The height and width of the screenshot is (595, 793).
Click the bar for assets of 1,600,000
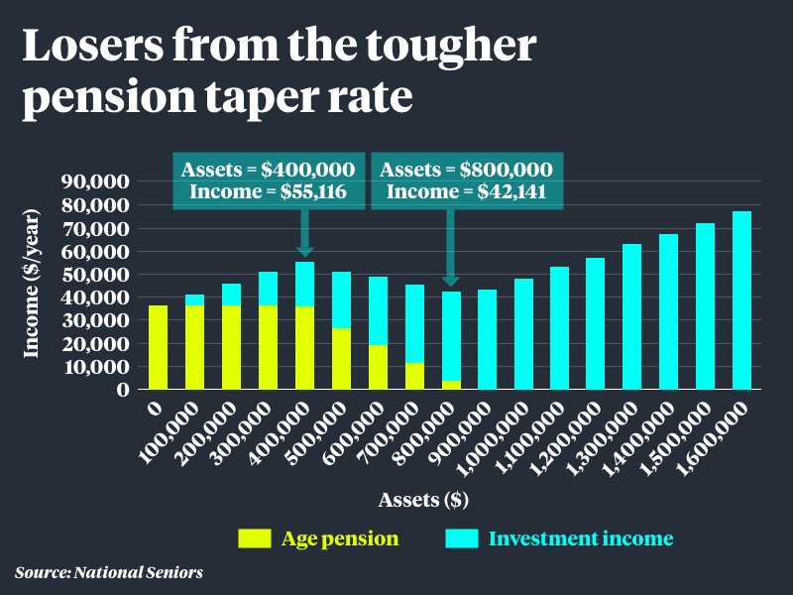coord(741,300)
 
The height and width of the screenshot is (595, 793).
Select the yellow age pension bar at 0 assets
coord(158,347)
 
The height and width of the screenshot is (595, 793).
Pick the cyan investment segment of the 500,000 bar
coord(341,300)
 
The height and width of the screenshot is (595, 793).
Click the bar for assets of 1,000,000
coord(523,334)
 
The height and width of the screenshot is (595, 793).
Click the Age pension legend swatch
coord(254,538)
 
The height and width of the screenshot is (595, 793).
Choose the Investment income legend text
coord(581,538)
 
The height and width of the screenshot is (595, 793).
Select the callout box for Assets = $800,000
coord(467,180)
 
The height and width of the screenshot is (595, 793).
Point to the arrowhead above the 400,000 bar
coord(305,251)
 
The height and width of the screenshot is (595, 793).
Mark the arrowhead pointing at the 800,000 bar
coord(451,281)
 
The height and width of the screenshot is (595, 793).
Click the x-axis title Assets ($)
coord(423,500)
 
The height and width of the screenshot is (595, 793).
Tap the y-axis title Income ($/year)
coord(34,286)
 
